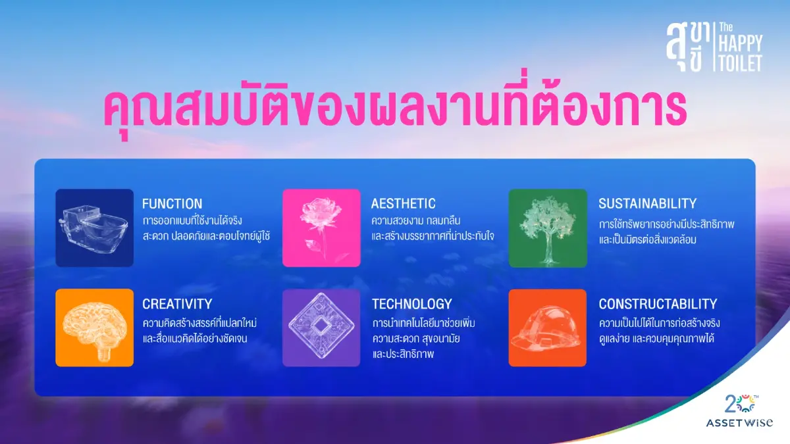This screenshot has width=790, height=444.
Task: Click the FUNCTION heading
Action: [172, 203]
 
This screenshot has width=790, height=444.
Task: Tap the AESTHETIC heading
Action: [403, 203]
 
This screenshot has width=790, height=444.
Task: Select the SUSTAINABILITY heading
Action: [647, 203]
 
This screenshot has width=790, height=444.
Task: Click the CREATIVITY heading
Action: [177, 304]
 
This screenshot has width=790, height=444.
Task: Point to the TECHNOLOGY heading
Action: [411, 304]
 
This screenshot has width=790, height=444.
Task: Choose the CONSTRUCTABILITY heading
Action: [657, 304]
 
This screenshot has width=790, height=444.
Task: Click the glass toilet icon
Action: [94, 227]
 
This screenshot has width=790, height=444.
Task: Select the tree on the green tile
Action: [548, 227]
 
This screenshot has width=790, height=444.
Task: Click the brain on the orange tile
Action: [94, 328]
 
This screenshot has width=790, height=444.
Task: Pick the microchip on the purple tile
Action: [321, 328]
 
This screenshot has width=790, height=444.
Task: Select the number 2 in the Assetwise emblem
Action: [729, 402]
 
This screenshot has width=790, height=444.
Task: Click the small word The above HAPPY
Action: [725, 28]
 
